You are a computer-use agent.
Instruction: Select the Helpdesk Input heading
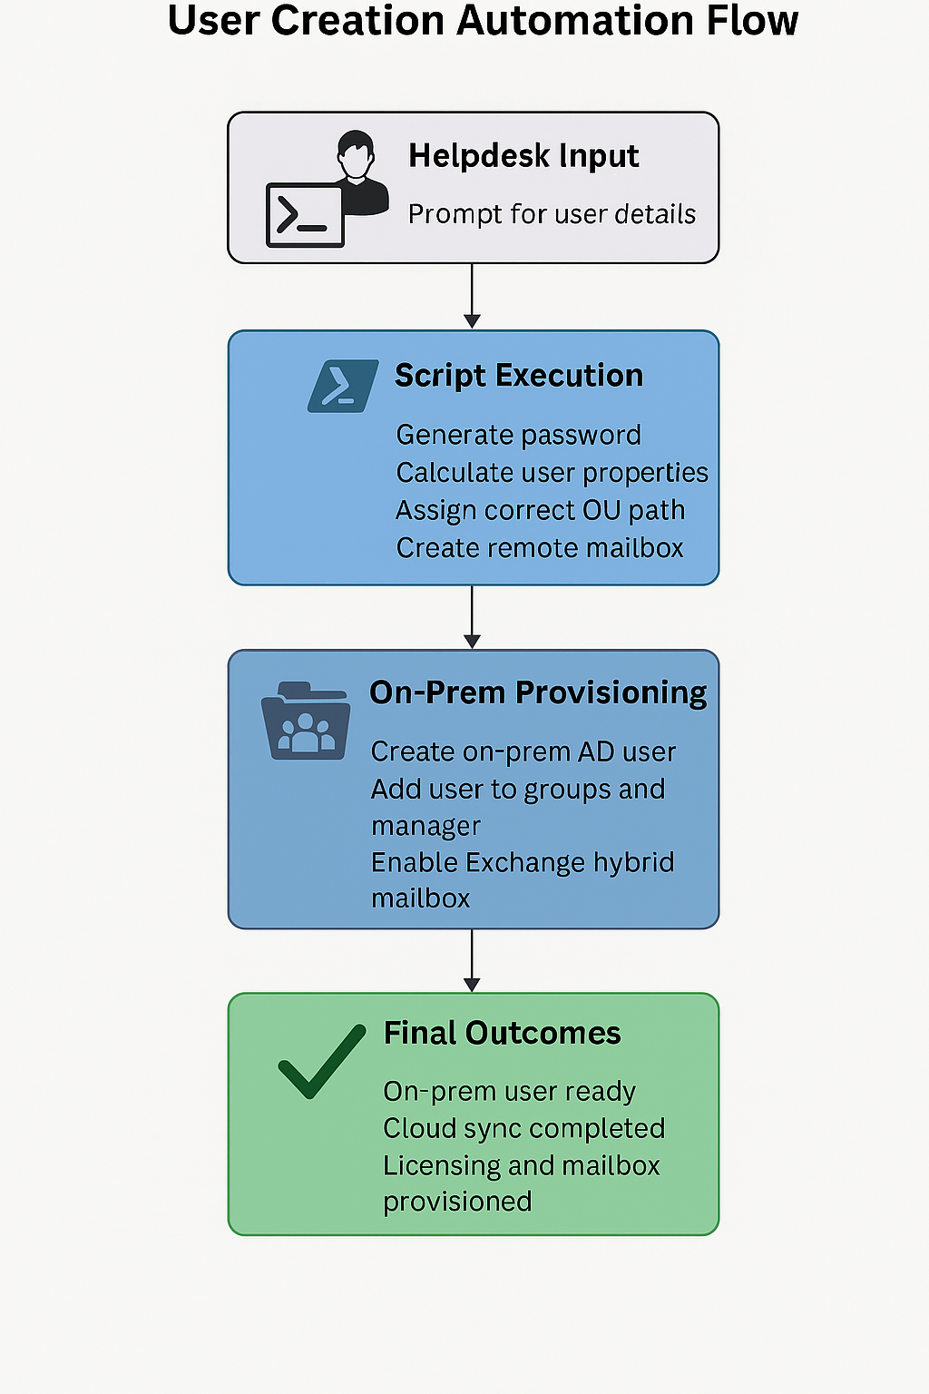[x=523, y=156]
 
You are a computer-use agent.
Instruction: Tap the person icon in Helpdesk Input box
[x=358, y=169]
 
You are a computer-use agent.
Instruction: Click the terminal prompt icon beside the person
[x=304, y=215]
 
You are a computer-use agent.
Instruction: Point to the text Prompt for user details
[x=552, y=214]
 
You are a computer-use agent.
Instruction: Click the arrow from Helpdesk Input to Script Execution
[x=472, y=296]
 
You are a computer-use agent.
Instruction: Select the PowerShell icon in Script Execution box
[x=342, y=386]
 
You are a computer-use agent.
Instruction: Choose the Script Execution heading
[x=519, y=376]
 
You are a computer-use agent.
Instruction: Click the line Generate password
[x=518, y=435]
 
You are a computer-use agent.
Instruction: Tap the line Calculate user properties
[x=552, y=473]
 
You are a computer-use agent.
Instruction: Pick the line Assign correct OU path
[x=540, y=510]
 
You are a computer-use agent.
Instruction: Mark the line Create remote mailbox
[x=540, y=548]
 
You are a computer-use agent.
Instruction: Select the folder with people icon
[x=306, y=722]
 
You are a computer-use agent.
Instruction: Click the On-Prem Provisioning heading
[x=538, y=692]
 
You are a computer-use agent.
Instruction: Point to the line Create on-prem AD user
[x=523, y=751]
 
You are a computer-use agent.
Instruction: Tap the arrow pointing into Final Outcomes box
[x=472, y=961]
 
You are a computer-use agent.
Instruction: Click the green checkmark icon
[x=321, y=1060]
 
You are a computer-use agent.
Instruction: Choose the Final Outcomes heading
[x=502, y=1033]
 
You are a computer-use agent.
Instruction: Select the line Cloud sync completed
[x=523, y=1128]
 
